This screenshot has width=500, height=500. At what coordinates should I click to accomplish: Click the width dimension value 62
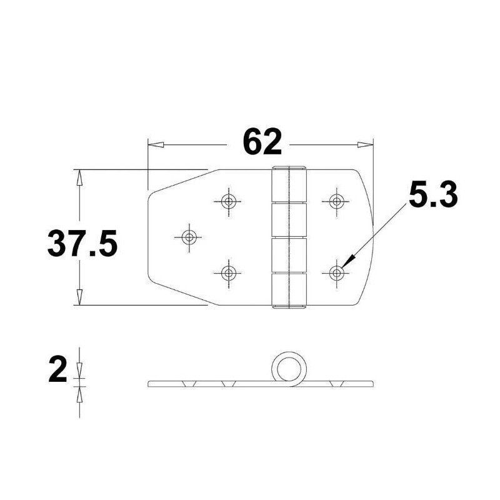[x=262, y=142]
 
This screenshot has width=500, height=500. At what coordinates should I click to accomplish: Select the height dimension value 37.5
[x=82, y=244]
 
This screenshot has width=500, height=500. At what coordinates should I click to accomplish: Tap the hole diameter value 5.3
[x=432, y=195]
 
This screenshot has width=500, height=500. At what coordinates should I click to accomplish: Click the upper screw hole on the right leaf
[x=337, y=201]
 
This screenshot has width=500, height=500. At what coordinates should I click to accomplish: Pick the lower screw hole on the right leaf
[x=337, y=272]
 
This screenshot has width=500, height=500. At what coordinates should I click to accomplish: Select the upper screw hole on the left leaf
[x=229, y=201]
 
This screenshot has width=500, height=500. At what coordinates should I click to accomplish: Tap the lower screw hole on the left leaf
[x=229, y=272]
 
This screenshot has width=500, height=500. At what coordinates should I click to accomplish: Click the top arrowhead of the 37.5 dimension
[x=79, y=177]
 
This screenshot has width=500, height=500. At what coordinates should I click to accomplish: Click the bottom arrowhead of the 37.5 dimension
[x=79, y=297]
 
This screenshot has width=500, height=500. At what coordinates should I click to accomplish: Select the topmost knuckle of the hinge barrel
[x=290, y=185]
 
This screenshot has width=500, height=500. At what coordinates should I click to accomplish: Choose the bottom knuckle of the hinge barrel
[x=290, y=291]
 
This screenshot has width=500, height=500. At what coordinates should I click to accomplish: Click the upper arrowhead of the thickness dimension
[x=79, y=372]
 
